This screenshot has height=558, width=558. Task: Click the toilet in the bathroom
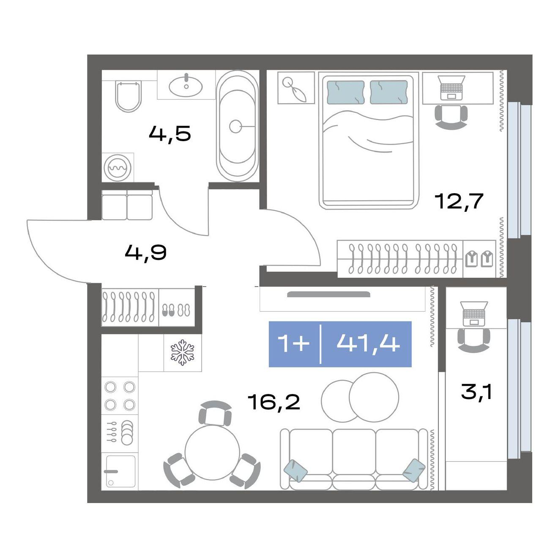pyautogui.click(x=128, y=96)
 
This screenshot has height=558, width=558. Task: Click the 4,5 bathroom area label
pyautogui.click(x=170, y=134)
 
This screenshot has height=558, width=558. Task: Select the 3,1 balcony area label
pyautogui.click(x=476, y=393)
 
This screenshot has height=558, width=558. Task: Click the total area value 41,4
pyautogui.click(x=368, y=344)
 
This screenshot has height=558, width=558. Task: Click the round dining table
pyautogui.click(x=212, y=453)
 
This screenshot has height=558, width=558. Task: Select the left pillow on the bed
pyautogui.click(x=346, y=92)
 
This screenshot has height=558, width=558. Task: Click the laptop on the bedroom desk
pyautogui.click(x=451, y=88)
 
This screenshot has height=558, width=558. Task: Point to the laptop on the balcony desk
pyautogui.click(x=474, y=313)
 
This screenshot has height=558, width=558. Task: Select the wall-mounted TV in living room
pyautogui.click(x=328, y=295)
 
